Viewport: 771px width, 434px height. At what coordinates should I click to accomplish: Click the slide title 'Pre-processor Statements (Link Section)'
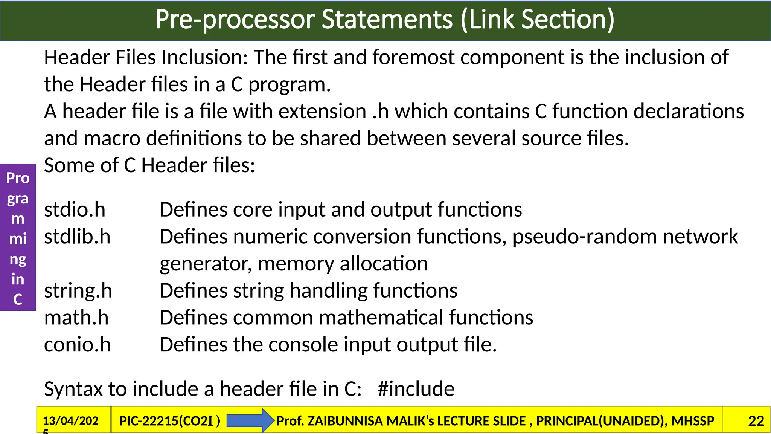(x=385, y=20)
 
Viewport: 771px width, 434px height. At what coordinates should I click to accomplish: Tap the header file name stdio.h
(x=75, y=209)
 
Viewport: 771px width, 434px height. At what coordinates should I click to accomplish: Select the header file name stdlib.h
(x=77, y=237)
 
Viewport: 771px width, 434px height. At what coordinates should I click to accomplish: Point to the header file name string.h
(x=78, y=291)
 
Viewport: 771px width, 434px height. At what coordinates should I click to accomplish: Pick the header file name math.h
(x=76, y=318)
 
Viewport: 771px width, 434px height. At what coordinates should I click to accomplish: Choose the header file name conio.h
(x=77, y=345)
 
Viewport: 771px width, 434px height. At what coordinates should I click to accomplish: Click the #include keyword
(x=416, y=389)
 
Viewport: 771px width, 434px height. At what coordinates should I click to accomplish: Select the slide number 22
(x=756, y=421)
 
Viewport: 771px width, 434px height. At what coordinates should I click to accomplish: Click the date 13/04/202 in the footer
(x=70, y=421)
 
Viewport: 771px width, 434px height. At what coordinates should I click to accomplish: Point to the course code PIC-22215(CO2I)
(x=169, y=421)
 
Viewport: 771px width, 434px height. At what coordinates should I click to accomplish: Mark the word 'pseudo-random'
(x=585, y=237)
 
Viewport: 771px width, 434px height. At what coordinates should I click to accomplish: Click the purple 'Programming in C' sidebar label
(x=18, y=237)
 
